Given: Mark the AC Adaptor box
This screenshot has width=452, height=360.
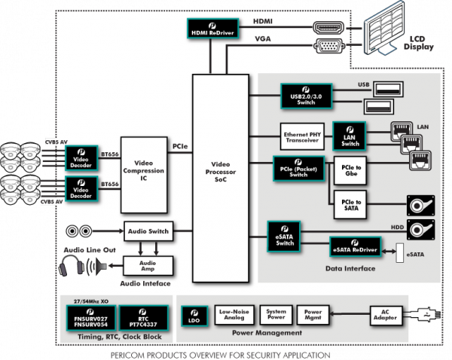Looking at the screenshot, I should [383, 315].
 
